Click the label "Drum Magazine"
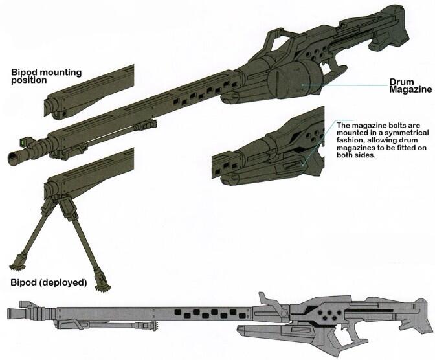pos(410,85)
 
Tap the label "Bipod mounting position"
pos(47,76)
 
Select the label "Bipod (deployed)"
pos(49,283)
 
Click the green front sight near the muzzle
pos(23,142)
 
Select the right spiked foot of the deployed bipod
pos(102,282)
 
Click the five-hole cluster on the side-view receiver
pos(328,315)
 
